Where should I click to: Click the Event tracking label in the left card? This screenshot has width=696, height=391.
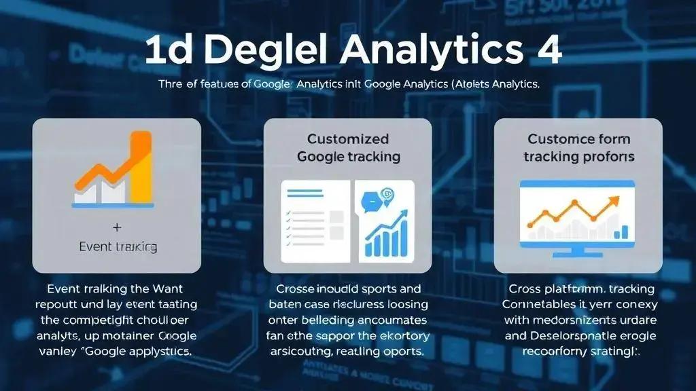(118, 246)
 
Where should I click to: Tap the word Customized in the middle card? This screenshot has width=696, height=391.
(348, 139)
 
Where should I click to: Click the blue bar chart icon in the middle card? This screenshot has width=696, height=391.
(385, 235)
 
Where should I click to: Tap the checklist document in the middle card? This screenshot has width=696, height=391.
(315, 221)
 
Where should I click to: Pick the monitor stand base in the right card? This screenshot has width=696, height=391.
(578, 254)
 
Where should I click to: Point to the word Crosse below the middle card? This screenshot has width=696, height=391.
(298, 288)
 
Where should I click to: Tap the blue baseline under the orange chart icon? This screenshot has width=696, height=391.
(113, 204)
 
